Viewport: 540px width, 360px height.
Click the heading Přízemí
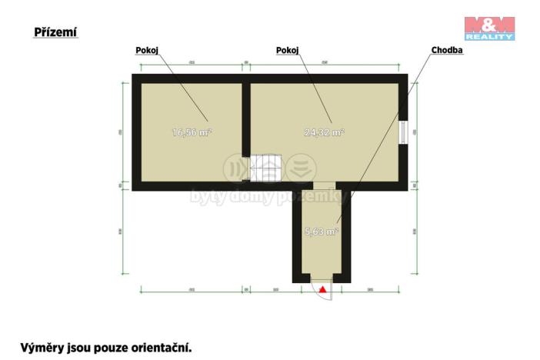pos(55,32)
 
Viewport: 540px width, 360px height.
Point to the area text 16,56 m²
pos(192,132)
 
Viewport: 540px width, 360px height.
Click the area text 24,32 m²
pos(324,132)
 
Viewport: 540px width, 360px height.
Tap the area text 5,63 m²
pos(322,231)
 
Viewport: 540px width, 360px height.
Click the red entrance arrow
pos(323,290)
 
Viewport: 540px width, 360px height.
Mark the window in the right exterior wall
pos(403,131)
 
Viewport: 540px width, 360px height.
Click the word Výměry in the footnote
pos(41,347)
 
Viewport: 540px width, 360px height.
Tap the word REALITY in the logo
pos(490,35)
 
